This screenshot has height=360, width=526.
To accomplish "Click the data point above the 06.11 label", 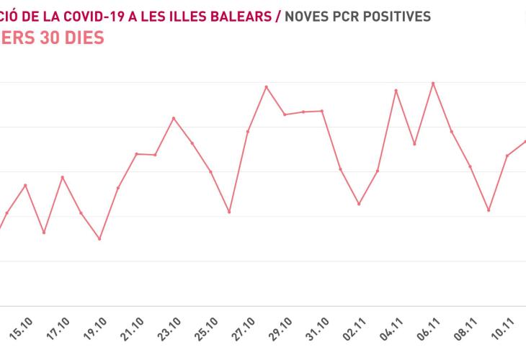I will pos(432,84).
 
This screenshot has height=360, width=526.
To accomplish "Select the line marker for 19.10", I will pos(99,238).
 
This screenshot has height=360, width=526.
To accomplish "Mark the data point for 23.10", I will pos(174,118).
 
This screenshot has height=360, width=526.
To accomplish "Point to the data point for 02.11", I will pos(359,204).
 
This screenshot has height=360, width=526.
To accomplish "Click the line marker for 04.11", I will pos(396,91).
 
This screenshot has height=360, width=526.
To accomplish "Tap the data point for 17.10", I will pos(63,177).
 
